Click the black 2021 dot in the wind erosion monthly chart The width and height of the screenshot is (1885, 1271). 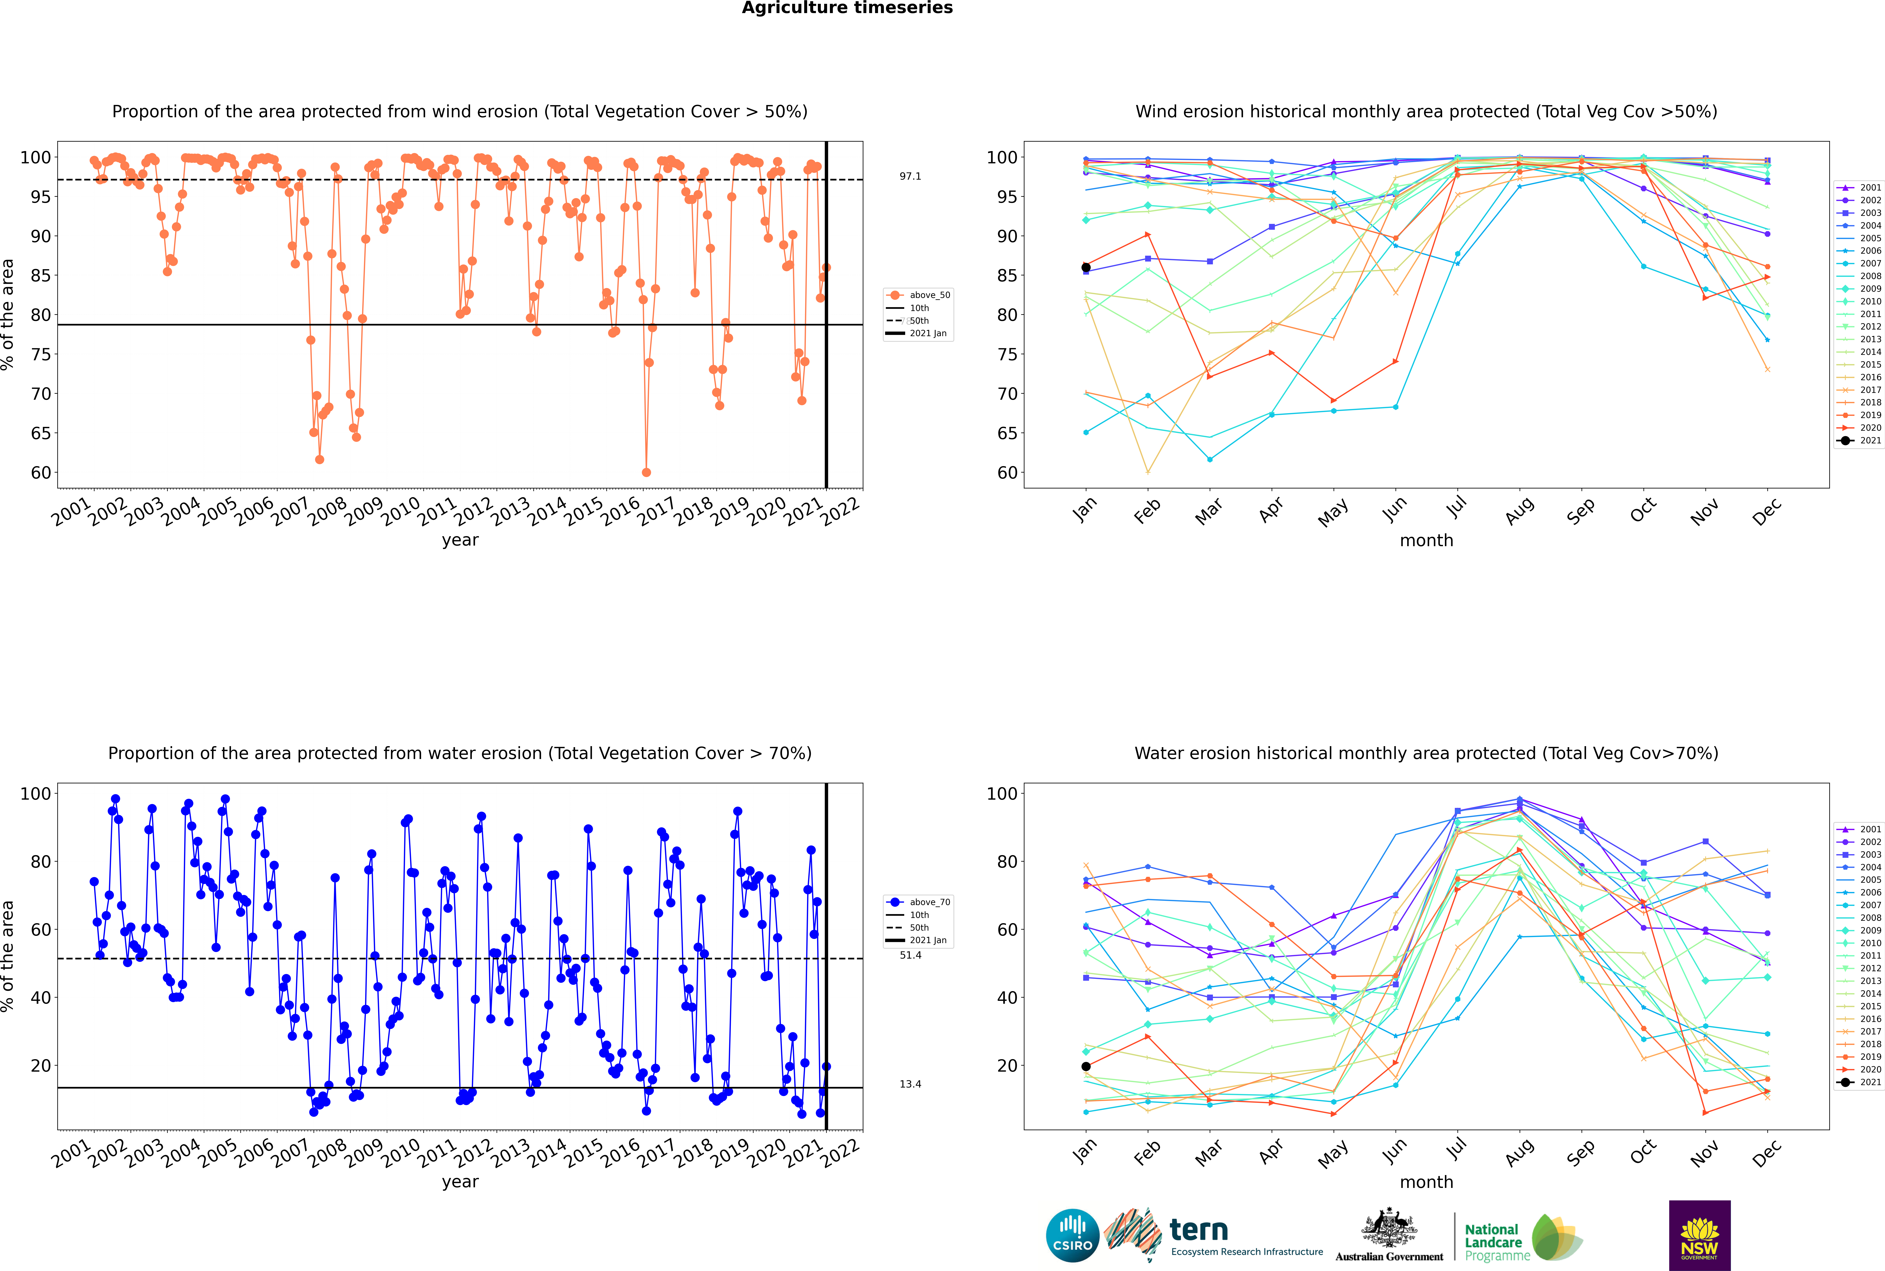tap(1086, 268)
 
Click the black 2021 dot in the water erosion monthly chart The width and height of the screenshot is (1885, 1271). tap(1086, 1067)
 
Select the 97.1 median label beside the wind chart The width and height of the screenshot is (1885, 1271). tap(910, 176)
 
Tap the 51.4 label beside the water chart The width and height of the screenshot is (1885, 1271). tap(910, 955)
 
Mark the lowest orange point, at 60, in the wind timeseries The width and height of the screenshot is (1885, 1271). tap(646, 473)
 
